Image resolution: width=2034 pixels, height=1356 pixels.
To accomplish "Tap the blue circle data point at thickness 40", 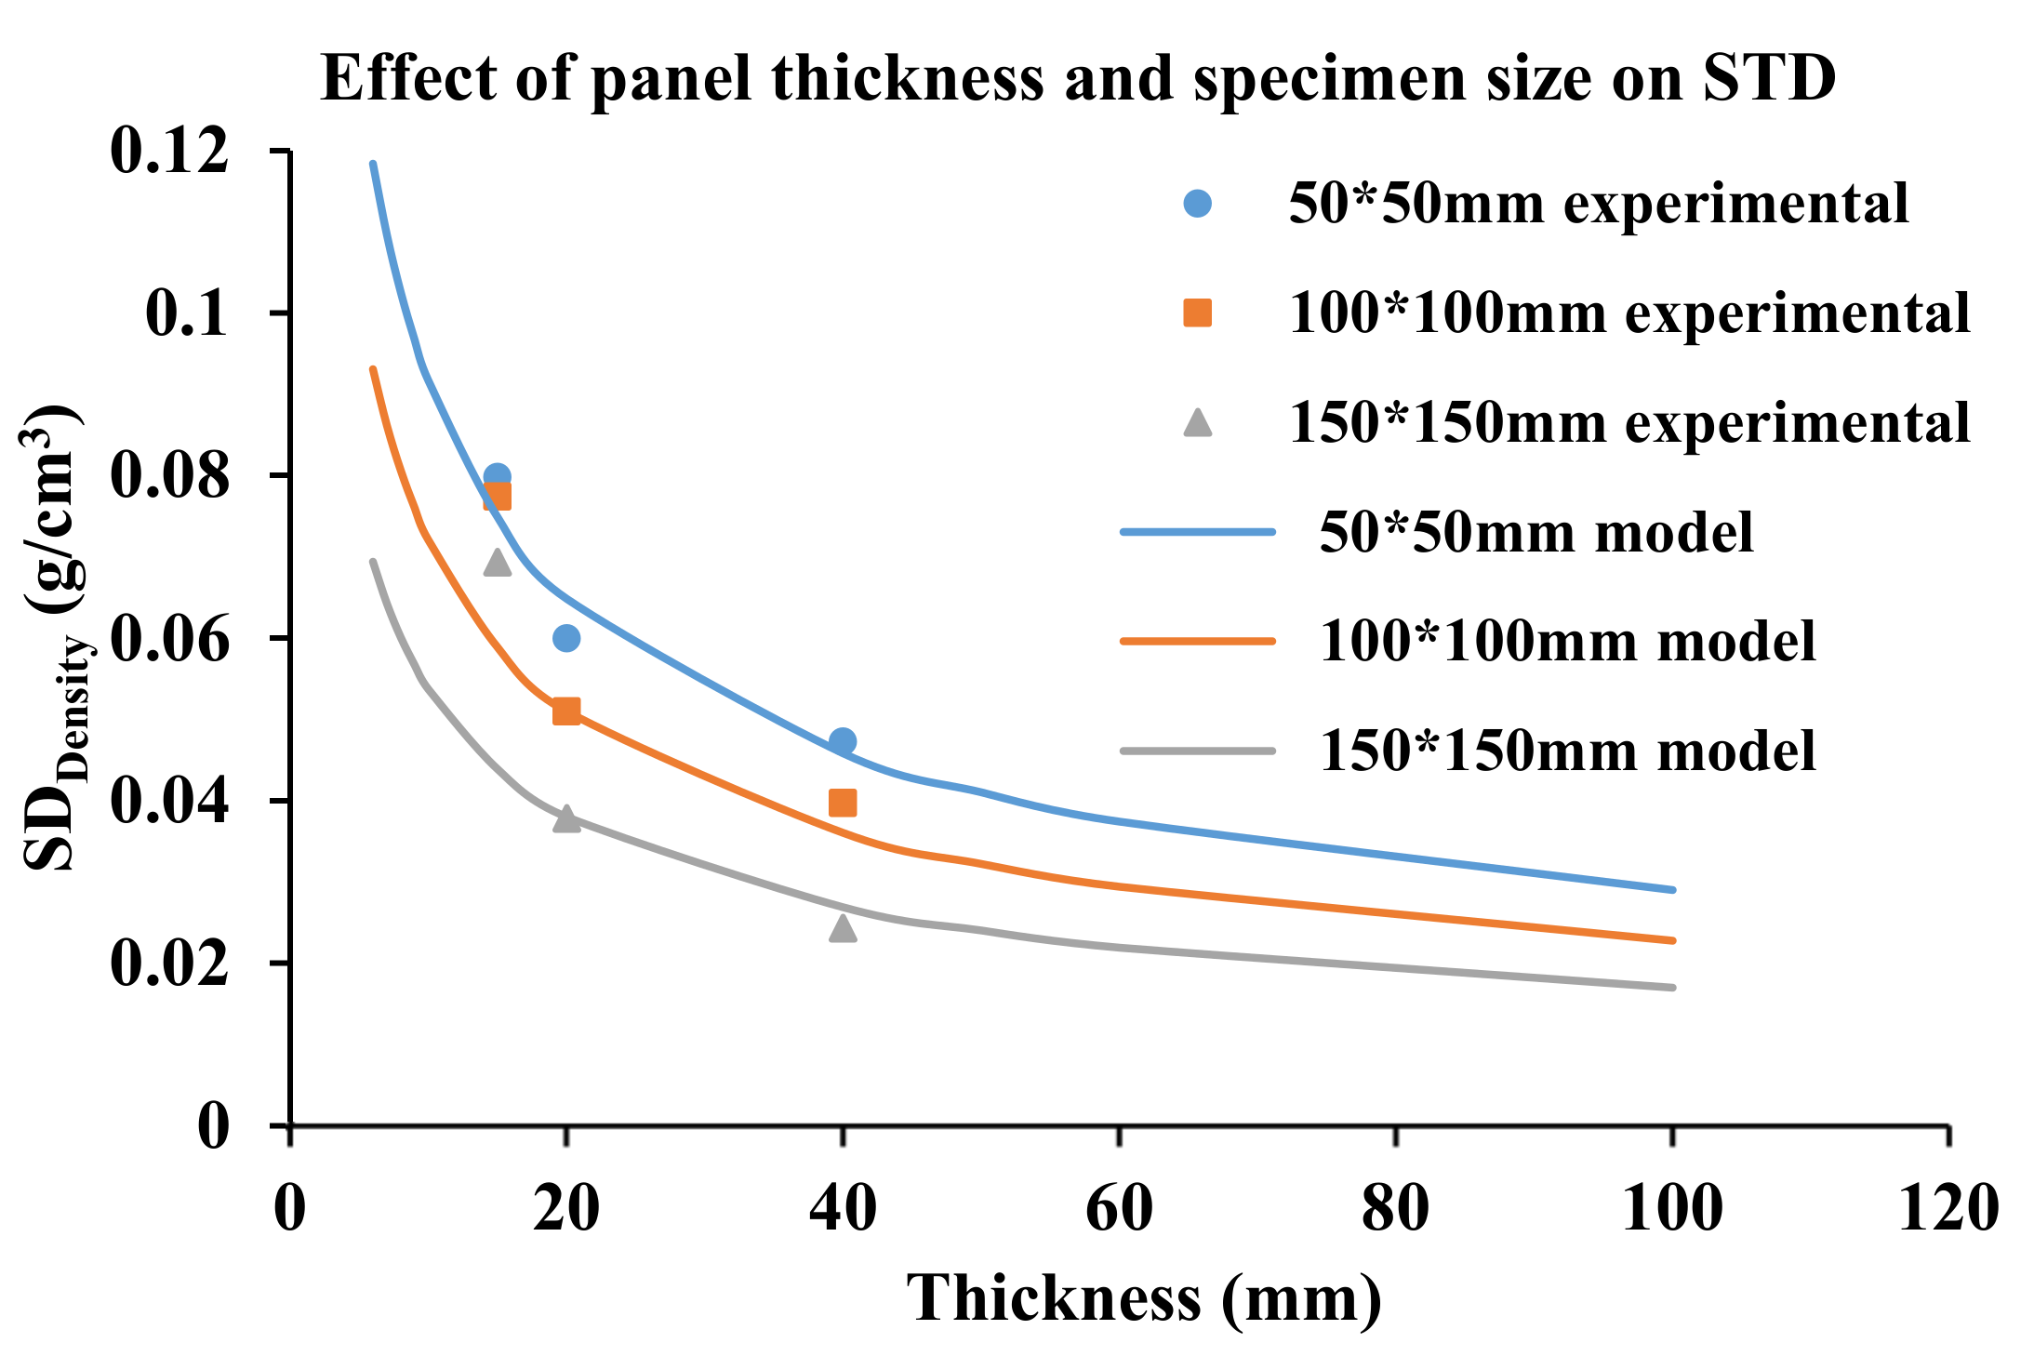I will click(843, 741).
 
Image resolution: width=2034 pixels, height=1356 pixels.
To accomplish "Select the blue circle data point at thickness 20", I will click(566, 638).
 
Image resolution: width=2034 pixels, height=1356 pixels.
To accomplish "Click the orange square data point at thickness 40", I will click(843, 803).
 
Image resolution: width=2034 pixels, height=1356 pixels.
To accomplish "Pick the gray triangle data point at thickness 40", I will click(843, 928).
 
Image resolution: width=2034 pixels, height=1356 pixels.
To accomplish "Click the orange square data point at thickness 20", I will click(566, 711).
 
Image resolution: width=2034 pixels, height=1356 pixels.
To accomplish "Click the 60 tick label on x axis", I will click(1119, 1208).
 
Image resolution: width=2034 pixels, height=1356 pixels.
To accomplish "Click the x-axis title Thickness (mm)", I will click(1144, 1297).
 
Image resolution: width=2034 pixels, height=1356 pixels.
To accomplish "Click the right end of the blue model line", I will click(1671, 889).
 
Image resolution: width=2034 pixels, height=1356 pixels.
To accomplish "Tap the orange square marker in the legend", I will click(1198, 313).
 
